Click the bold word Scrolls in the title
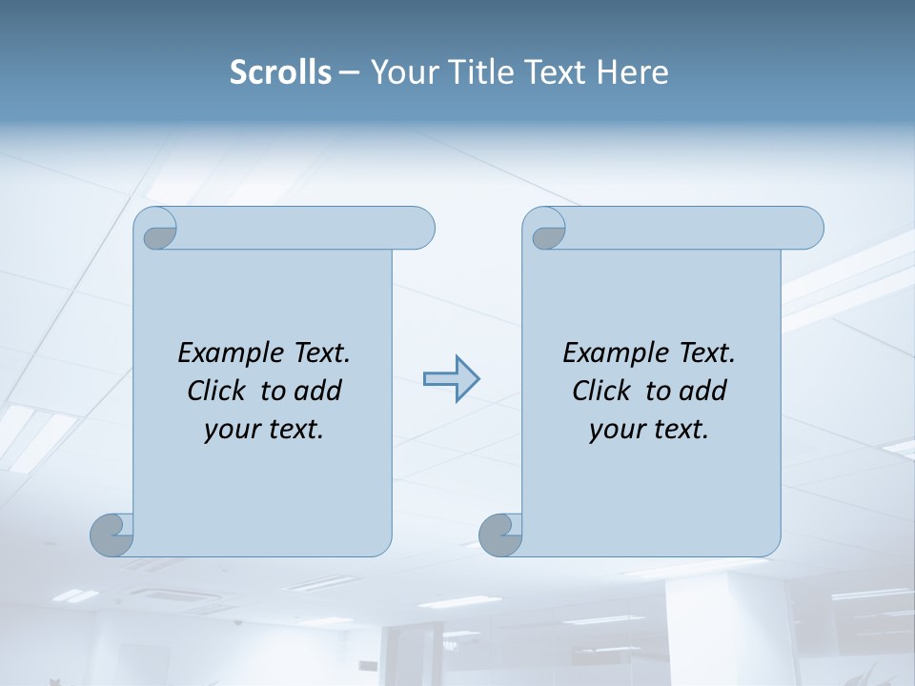tap(281, 72)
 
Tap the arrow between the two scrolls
tap(451, 379)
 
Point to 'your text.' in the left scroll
tap(264, 430)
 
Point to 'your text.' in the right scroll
tap(649, 430)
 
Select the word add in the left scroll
tap(317, 391)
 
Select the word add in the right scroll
tap(702, 391)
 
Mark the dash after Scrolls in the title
tap(349, 73)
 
